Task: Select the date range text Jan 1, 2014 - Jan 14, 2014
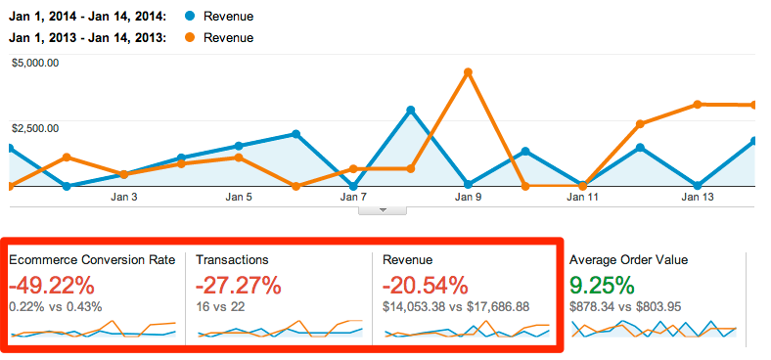[x=86, y=17]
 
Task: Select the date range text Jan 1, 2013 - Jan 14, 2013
[x=86, y=38]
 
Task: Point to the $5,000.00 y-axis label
[x=36, y=64]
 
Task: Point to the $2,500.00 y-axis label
[x=36, y=128]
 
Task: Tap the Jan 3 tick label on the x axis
[x=124, y=197]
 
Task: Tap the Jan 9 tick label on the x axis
[x=468, y=197]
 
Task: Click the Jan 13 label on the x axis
[x=697, y=197]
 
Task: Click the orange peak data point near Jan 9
[x=469, y=72]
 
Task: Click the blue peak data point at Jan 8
[x=411, y=110]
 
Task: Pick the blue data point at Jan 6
[x=295, y=134]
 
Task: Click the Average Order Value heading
[x=629, y=260]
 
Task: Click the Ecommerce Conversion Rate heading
[x=93, y=260]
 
